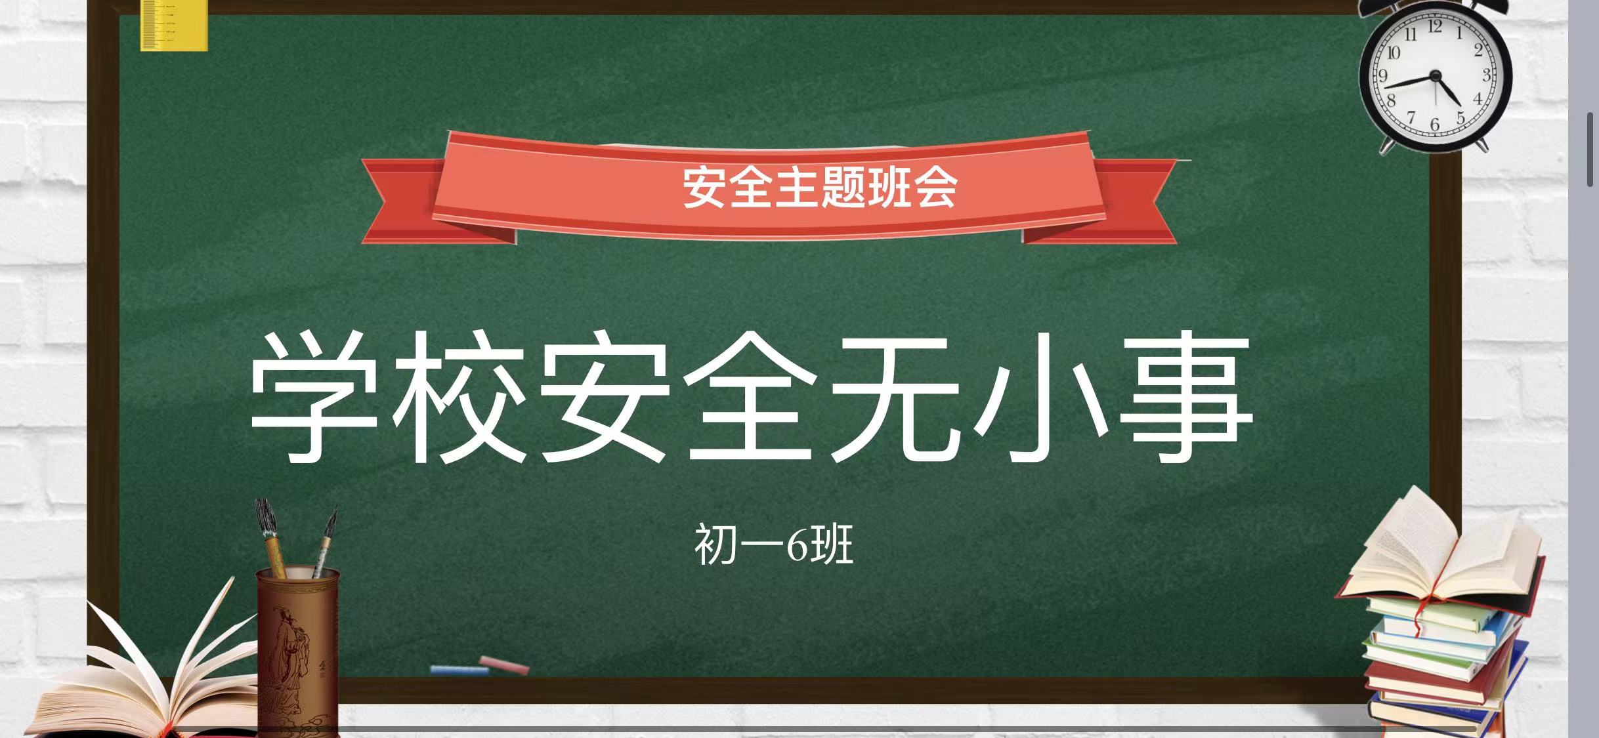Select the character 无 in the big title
896,396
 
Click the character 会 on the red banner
935,188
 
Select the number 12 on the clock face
1435,27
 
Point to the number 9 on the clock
1383,75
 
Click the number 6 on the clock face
1435,125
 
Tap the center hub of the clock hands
1436,77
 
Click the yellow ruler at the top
174,25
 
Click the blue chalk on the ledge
459,670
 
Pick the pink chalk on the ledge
504,665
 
